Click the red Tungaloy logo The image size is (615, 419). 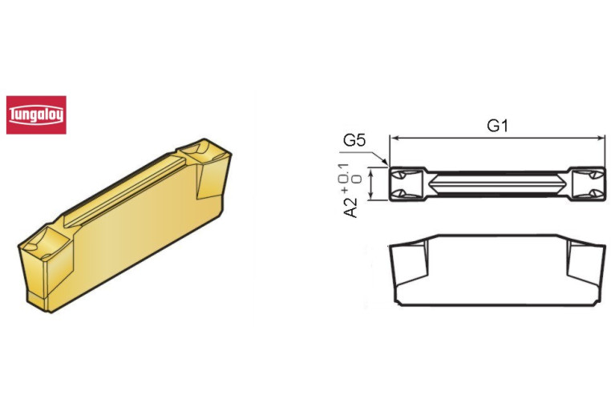(x=36, y=115)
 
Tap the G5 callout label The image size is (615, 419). (x=354, y=141)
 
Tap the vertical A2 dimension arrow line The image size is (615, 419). (x=374, y=184)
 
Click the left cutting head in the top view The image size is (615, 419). (x=407, y=184)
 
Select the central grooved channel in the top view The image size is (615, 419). (x=496, y=184)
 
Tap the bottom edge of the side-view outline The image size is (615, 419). (x=496, y=305)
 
